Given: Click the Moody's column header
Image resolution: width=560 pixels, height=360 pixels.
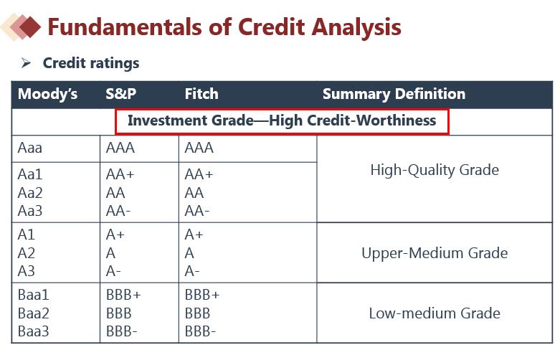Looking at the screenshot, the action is (x=47, y=94).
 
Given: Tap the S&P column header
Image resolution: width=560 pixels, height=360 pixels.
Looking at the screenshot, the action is (x=120, y=94).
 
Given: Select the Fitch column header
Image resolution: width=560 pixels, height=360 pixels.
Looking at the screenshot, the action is (x=201, y=94).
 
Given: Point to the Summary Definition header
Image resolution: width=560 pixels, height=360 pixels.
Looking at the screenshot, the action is (x=394, y=94).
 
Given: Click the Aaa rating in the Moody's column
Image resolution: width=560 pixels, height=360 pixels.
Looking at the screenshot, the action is (x=30, y=148).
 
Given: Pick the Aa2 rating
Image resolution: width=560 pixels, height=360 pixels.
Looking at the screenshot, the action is (x=30, y=193).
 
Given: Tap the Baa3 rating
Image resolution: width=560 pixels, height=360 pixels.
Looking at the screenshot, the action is (x=33, y=331).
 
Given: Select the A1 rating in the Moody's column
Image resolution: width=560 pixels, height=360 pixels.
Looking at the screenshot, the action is (x=26, y=235).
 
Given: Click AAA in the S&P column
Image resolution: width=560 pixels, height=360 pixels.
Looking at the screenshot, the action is (x=120, y=148).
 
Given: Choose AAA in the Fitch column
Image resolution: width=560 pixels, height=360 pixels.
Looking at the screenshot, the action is (x=199, y=148).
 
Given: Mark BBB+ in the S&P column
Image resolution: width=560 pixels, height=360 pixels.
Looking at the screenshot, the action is (x=123, y=295).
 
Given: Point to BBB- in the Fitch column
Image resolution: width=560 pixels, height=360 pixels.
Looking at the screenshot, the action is (x=200, y=331).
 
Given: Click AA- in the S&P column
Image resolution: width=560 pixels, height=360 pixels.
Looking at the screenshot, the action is (x=118, y=211).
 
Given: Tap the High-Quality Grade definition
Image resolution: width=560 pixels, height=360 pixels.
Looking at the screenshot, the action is (x=435, y=170).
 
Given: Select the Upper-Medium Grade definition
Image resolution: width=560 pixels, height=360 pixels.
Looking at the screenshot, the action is (x=435, y=253).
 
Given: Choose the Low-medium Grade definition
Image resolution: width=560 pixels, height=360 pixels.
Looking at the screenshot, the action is (x=435, y=313).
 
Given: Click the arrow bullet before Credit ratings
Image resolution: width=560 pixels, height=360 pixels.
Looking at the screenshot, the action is (x=26, y=63).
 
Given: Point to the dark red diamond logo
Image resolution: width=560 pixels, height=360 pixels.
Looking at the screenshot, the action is (x=30, y=27).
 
